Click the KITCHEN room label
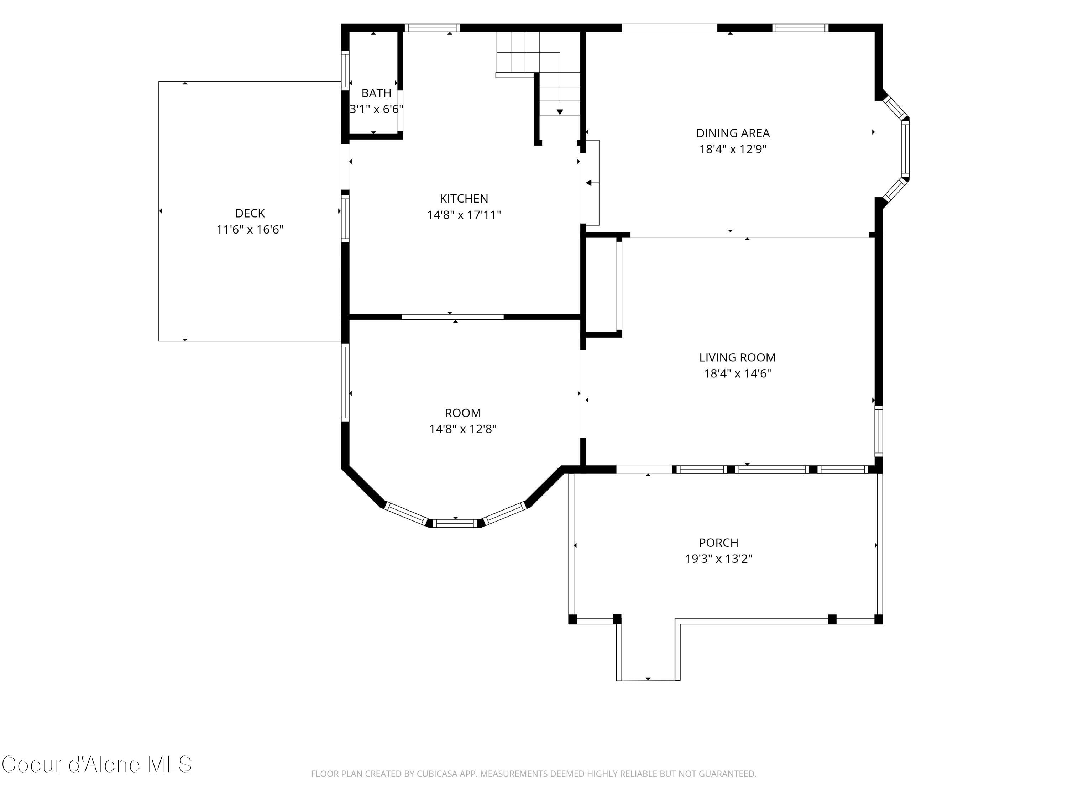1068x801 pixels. point(464,198)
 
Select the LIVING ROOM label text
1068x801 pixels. point(737,357)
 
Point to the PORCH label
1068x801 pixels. point(718,543)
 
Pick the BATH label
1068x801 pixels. point(376,93)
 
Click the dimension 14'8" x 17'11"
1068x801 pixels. point(464,215)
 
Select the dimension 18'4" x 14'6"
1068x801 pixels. point(737,373)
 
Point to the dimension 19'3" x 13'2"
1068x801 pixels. point(718,559)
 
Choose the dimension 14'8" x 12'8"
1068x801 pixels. point(463,429)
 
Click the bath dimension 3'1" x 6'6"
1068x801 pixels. point(376,109)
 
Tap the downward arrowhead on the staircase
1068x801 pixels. point(560,112)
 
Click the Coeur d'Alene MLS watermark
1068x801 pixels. point(96,764)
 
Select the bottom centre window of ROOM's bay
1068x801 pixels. point(455,523)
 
